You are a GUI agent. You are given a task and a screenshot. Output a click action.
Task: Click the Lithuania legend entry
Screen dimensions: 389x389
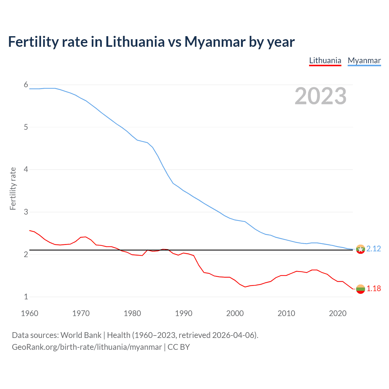click(325, 60)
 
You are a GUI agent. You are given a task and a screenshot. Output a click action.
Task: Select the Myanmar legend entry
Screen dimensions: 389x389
click(364, 60)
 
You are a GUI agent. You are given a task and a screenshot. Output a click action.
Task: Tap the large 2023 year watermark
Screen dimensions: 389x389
click(320, 96)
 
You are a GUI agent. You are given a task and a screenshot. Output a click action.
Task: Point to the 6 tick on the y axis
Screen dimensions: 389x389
click(26, 84)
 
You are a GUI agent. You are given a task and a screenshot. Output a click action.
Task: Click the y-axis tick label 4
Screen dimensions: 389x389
click(26, 169)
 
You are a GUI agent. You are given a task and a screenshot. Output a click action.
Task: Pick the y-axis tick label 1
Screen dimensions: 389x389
click(26, 297)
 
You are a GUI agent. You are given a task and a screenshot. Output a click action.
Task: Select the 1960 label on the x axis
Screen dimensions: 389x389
click(29, 313)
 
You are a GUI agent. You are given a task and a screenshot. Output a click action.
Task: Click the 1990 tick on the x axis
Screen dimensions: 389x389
click(184, 313)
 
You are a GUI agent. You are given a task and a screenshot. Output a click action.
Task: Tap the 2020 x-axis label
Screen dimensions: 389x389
click(338, 313)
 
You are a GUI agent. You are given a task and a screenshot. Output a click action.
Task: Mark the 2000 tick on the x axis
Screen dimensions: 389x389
click(235, 313)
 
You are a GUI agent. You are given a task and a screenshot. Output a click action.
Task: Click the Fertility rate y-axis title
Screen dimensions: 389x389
click(13, 188)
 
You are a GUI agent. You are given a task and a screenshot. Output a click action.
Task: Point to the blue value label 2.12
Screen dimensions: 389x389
click(374, 249)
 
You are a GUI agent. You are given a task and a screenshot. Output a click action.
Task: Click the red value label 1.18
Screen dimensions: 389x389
click(374, 288)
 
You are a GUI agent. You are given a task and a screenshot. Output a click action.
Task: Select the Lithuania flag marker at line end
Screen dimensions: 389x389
click(360, 289)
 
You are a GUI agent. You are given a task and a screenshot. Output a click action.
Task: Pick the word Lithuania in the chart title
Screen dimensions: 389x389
click(135, 42)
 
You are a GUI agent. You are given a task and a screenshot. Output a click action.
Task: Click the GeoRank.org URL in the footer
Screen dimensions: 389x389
click(87, 347)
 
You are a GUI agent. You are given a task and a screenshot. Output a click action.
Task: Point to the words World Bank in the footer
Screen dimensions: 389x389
click(81, 335)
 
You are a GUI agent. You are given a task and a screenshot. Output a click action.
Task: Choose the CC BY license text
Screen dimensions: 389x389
click(179, 347)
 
